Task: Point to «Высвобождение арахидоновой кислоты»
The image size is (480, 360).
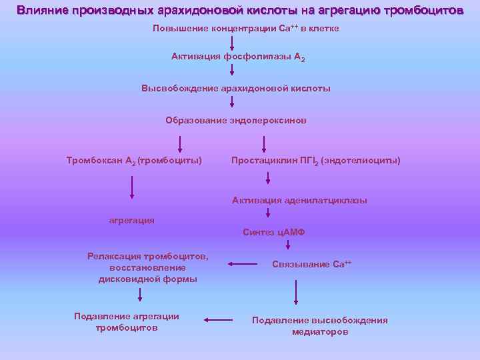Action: pyautogui.click(x=235, y=88)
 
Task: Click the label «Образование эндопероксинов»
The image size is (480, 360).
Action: pyautogui.click(x=235, y=121)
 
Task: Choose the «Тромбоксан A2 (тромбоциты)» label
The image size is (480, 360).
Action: pyautogui.click(x=134, y=161)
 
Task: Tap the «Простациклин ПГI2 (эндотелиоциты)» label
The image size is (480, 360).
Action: pyautogui.click(x=315, y=161)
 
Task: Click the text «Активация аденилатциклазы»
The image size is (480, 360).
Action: pyautogui.click(x=299, y=200)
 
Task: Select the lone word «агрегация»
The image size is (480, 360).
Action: pyautogui.click(x=132, y=220)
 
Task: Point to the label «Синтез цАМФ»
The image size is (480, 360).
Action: pyautogui.click(x=274, y=232)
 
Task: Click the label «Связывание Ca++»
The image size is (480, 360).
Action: pyautogui.click(x=311, y=264)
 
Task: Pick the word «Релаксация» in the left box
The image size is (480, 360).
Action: pyautogui.click(x=114, y=255)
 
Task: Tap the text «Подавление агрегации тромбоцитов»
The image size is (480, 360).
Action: pyautogui.click(x=127, y=322)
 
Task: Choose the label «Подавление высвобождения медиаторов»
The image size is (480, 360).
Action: pyautogui.click(x=319, y=326)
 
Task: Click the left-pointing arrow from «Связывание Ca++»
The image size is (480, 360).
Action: pyautogui.click(x=243, y=265)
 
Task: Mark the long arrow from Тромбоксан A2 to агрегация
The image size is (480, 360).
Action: pyautogui.click(x=132, y=187)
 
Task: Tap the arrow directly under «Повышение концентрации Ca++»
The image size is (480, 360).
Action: pyautogui.click(x=232, y=43)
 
